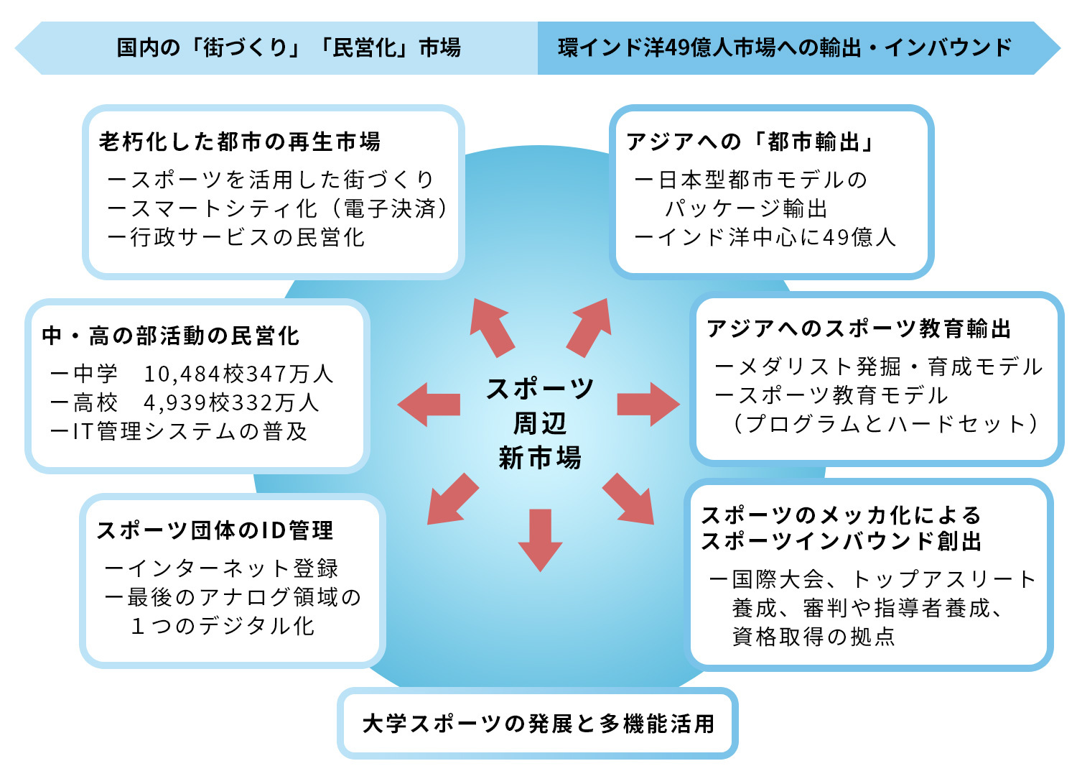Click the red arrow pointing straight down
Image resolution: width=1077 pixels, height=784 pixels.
pos(540,539)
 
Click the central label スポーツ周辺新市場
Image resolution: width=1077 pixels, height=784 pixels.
pos(540,423)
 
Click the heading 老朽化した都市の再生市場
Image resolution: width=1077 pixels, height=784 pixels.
pos(240,142)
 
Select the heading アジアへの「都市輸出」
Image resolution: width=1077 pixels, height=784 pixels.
pos(751,142)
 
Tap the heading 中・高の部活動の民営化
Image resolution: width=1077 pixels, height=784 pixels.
pos(171,336)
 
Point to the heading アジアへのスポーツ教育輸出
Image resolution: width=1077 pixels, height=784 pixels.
pos(859,328)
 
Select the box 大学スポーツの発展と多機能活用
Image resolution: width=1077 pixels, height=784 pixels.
pos(538,723)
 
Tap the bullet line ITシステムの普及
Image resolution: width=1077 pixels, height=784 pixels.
pos(179,431)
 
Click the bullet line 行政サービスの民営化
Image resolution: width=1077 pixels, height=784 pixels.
pos(237,237)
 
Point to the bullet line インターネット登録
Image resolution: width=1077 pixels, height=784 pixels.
pos(223,568)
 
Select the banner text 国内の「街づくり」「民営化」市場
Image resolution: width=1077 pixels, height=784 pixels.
pos(289,47)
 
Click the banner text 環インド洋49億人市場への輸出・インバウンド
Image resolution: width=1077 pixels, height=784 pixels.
pos(785,47)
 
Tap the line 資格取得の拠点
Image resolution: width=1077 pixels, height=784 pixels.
pos(813,637)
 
